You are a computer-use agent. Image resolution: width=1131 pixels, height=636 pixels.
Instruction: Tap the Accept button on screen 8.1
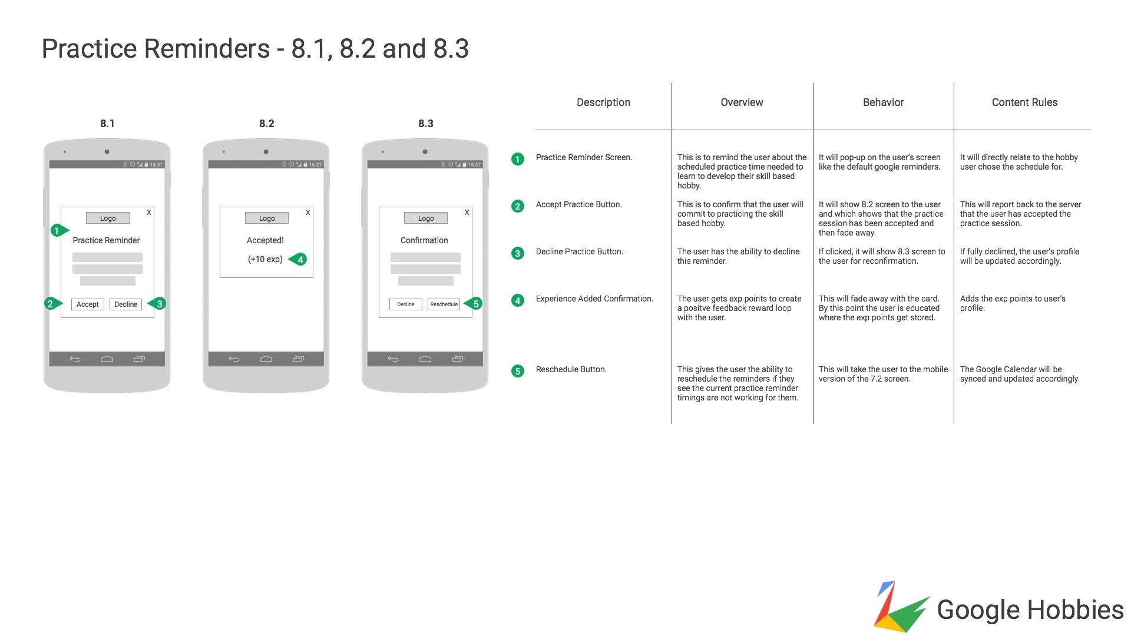click(88, 304)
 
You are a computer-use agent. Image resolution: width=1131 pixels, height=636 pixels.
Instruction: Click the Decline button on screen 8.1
click(126, 304)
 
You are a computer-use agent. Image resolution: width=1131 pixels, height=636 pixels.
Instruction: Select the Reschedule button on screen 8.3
click(444, 304)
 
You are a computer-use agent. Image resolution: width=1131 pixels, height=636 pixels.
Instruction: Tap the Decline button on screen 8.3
click(406, 304)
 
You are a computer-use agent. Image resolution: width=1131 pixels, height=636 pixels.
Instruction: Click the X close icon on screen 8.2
click(308, 213)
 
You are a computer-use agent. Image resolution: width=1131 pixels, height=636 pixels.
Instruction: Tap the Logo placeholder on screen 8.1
click(108, 218)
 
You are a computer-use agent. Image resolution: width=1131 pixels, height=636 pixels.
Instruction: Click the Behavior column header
click(883, 102)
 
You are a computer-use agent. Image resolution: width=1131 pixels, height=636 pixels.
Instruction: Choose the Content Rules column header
click(1024, 102)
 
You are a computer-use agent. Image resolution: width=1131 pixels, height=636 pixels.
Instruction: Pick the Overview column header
click(742, 102)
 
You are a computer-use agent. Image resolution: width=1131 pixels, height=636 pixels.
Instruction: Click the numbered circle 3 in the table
click(518, 253)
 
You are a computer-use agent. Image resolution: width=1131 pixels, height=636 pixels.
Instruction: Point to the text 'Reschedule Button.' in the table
click(571, 369)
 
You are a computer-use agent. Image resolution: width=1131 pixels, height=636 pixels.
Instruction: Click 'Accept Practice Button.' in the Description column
click(578, 204)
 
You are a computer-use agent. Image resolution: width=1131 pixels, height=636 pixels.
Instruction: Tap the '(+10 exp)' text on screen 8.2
click(265, 259)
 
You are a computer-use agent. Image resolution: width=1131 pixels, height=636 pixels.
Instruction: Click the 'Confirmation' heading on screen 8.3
click(424, 240)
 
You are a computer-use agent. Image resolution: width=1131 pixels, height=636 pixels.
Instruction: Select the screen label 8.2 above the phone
click(267, 124)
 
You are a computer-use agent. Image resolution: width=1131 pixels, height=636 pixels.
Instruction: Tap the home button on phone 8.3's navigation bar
click(425, 359)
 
